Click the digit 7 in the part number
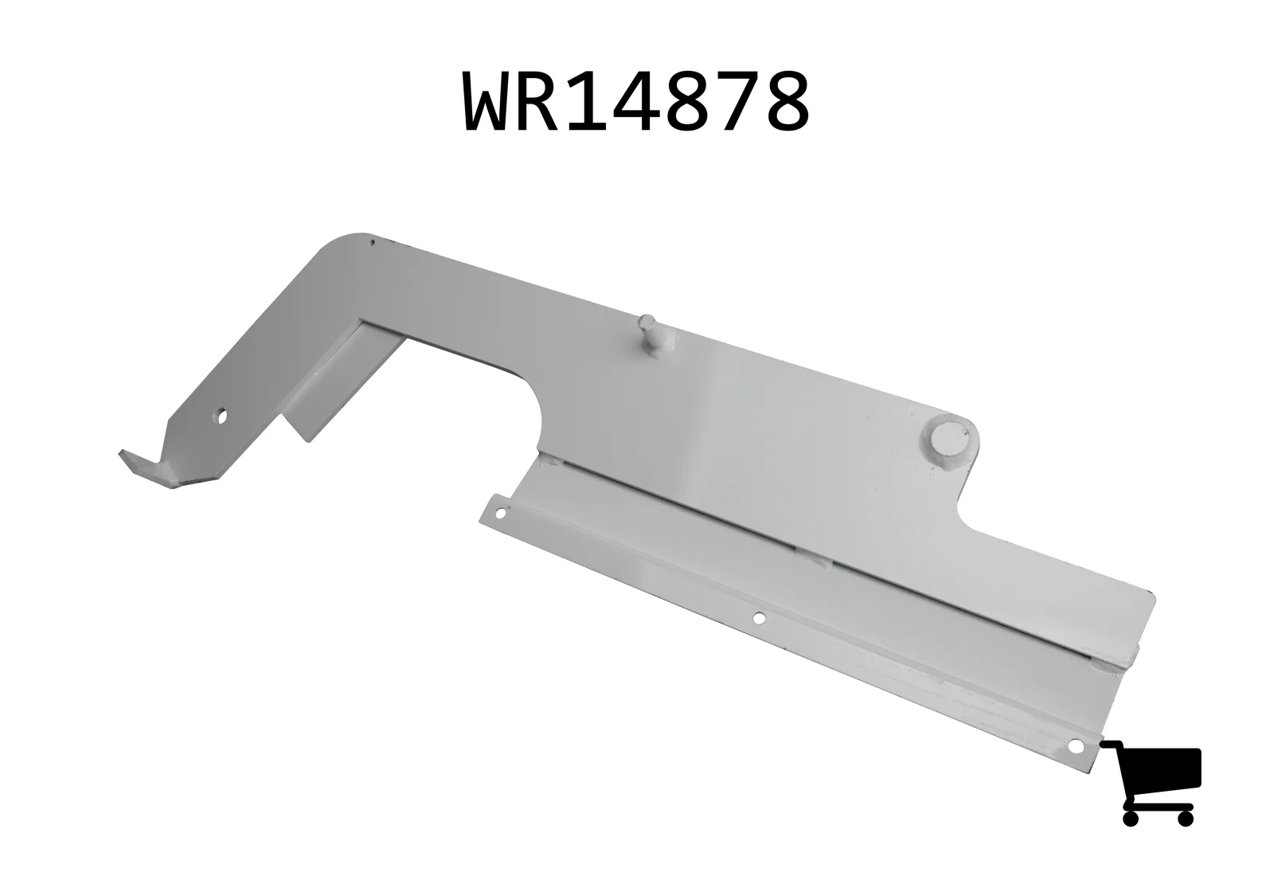738,103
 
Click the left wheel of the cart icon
1131,818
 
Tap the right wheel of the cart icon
1186,818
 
